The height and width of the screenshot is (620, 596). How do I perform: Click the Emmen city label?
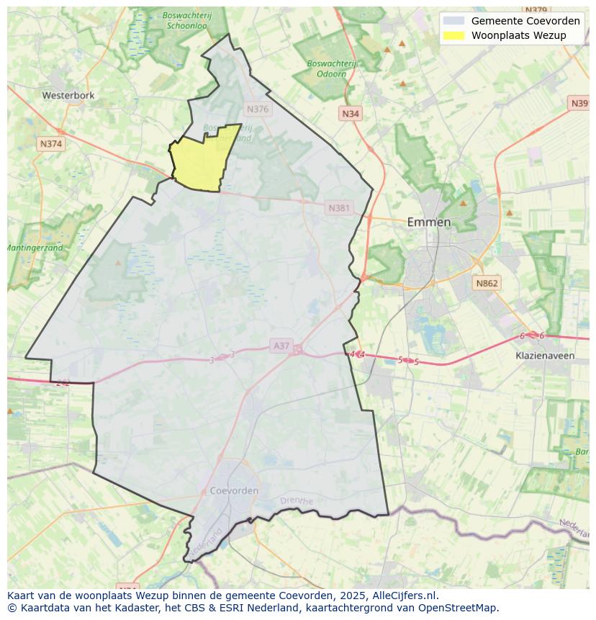click(429, 222)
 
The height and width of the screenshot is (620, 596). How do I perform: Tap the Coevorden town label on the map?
click(234, 490)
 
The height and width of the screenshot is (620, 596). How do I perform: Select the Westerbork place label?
click(68, 95)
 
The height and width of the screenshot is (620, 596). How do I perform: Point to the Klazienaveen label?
click(545, 356)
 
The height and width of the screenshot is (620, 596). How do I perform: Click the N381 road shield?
click(339, 208)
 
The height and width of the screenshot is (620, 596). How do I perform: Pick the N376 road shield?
click(257, 109)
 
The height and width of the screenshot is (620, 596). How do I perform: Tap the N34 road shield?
click(351, 114)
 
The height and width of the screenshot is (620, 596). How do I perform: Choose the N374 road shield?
click(51, 144)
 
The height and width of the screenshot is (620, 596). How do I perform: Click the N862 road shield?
click(486, 284)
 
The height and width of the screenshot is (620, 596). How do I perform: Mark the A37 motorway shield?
click(281, 346)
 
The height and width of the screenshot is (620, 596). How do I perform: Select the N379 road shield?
click(536, 10)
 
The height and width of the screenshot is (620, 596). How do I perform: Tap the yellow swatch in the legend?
click(454, 35)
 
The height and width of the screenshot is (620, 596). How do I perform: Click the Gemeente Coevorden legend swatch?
click(454, 21)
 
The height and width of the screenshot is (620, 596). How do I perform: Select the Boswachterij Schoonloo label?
click(186, 19)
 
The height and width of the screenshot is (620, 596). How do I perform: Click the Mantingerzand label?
click(35, 248)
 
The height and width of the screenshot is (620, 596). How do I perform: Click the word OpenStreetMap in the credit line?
click(460, 607)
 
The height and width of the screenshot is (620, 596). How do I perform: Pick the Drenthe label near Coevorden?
click(296, 500)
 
